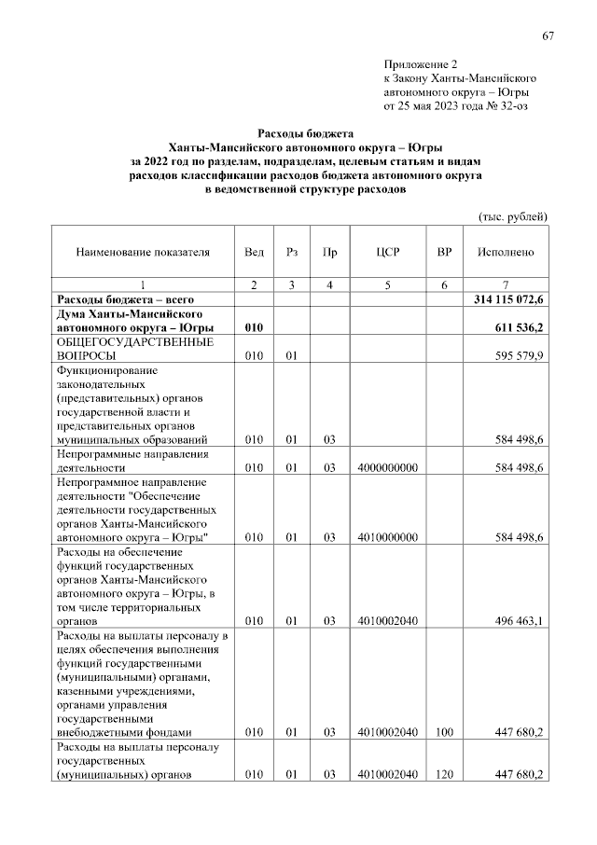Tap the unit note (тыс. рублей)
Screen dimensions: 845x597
click(x=512, y=216)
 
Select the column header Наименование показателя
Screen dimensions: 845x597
click(x=143, y=252)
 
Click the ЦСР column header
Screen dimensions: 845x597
click(x=387, y=252)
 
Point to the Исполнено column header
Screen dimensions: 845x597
click(x=505, y=252)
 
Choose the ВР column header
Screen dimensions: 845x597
click(x=445, y=252)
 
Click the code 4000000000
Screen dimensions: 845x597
click(x=387, y=466)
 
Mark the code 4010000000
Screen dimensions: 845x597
click(x=387, y=537)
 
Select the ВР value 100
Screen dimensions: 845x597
click(x=445, y=733)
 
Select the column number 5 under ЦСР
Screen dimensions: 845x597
click(x=387, y=284)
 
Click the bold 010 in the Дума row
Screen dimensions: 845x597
click(x=255, y=328)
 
